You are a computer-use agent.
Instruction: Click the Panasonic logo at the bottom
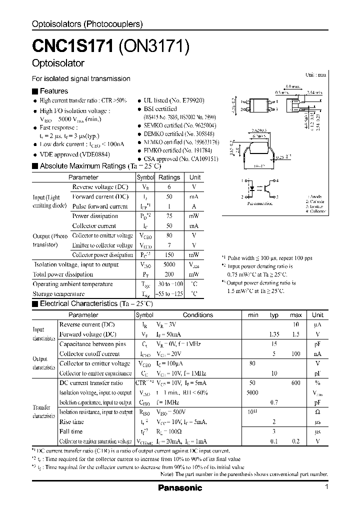pyautogui.click(x=180, y=487)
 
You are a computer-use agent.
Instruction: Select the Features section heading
pyautogui.click(x=53, y=91)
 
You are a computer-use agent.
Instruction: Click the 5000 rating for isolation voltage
pyautogui.click(x=169, y=264)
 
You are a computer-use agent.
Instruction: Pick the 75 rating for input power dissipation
pyautogui.click(x=169, y=216)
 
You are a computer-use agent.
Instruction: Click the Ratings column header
pyautogui.click(x=169, y=177)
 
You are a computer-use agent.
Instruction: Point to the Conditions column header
pyautogui.click(x=197, y=315)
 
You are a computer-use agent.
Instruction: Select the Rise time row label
pyautogui.click(x=71, y=421)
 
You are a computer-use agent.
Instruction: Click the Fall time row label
pyautogui.click(x=70, y=431)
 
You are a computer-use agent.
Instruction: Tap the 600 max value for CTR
pyautogui.click(x=295, y=382)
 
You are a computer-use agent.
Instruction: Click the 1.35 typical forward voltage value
pyautogui.click(x=274, y=334)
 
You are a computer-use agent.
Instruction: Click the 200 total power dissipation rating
pyautogui.click(x=169, y=274)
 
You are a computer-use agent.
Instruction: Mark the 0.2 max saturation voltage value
pyautogui.click(x=295, y=441)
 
